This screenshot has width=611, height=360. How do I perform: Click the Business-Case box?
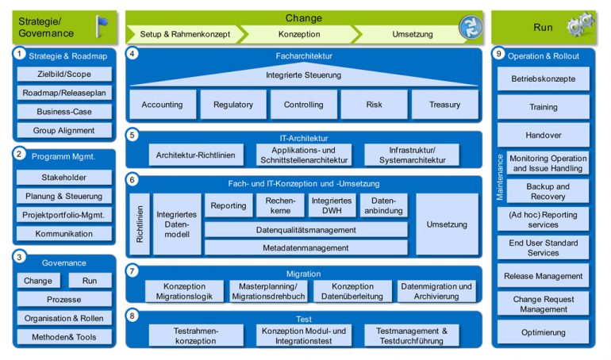pyautogui.click(x=64, y=112)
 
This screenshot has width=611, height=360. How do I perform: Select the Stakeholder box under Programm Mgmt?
pyautogui.click(x=64, y=178)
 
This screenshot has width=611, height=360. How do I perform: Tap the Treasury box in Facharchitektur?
pyautogui.click(x=444, y=105)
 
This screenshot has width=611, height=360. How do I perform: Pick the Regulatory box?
pyautogui.click(x=233, y=105)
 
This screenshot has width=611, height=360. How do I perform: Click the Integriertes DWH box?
pyautogui.click(x=332, y=205)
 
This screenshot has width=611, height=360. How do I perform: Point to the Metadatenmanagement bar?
pyautogui.click(x=306, y=247)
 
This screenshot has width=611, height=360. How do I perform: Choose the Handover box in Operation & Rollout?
pyautogui.click(x=544, y=135)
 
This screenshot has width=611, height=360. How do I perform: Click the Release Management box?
pyautogui.click(x=544, y=276)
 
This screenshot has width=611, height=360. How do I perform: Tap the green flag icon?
pyautogui.click(x=102, y=26)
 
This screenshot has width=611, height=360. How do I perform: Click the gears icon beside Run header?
pyautogui.click(x=579, y=26)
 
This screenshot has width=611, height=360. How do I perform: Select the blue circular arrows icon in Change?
pyautogui.click(x=470, y=28)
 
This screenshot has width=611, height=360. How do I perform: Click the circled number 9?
pyautogui.click(x=498, y=55)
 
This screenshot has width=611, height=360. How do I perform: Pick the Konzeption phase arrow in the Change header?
pyautogui.click(x=299, y=34)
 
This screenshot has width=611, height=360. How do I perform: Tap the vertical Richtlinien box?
pyautogui.click(x=140, y=224)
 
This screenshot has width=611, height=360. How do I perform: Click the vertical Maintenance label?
pyautogui.click(x=500, y=177)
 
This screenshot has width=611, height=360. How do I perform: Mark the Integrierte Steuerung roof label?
pyautogui.click(x=303, y=75)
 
